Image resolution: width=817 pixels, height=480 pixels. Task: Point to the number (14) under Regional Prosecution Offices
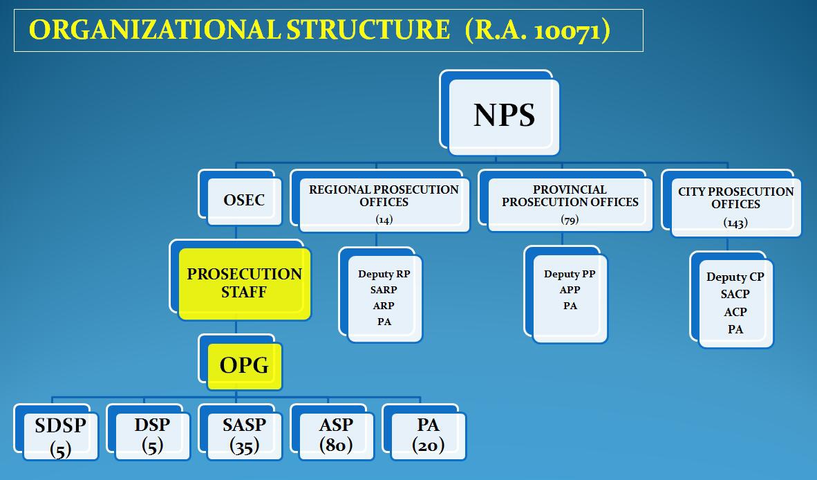[x=384, y=219]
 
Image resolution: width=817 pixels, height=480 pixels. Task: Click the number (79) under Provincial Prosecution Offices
[x=570, y=219]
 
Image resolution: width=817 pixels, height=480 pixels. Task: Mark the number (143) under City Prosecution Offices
[x=735, y=223]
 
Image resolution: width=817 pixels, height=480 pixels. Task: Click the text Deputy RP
[x=384, y=274]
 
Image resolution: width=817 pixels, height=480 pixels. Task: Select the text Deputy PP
[x=570, y=274]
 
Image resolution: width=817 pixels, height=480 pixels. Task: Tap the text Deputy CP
[x=735, y=277]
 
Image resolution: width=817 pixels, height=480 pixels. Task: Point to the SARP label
[x=384, y=290]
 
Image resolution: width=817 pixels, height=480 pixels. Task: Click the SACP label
[x=735, y=294]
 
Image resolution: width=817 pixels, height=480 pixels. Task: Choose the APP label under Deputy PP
[x=570, y=290]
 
